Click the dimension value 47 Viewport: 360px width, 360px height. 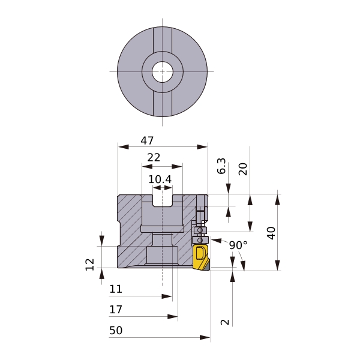tap(147, 140)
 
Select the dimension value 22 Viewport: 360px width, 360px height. tap(154, 157)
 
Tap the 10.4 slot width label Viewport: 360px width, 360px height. tap(160, 179)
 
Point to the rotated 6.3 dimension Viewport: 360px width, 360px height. tap(221, 166)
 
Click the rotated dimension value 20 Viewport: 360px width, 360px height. tap(243, 169)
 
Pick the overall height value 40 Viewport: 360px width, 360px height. tap(271, 233)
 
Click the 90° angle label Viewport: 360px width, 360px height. tap(239, 245)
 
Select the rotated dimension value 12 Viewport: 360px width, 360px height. tap(90, 265)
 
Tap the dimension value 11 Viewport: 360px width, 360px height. tap(115, 289)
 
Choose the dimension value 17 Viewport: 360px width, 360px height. tap(116, 310)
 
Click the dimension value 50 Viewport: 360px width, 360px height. tap(116, 331)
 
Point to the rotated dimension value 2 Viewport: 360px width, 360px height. tap(225, 322)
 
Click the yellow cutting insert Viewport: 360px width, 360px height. tap(200, 257)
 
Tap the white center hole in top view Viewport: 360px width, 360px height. tap(163, 72)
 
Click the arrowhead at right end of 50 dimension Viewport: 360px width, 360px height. tap(205, 337)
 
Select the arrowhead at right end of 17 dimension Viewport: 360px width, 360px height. tap(172, 317)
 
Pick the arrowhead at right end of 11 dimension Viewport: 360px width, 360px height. tap(167, 296)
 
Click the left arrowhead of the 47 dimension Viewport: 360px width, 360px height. tap(123, 147)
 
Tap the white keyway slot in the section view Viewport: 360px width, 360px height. tap(163, 200)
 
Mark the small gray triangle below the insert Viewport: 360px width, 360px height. tap(207, 267)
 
